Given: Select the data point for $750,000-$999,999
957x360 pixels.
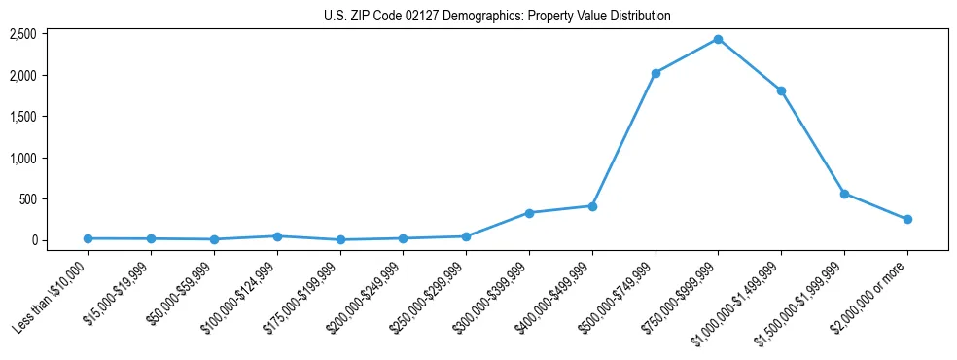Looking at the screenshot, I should tap(718, 39).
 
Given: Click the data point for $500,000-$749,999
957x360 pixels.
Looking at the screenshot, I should tap(656, 73).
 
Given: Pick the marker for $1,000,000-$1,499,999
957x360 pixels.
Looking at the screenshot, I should tap(781, 90).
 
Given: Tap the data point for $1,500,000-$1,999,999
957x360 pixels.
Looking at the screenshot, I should tap(844, 194).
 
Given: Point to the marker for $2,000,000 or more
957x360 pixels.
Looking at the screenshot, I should tap(907, 219).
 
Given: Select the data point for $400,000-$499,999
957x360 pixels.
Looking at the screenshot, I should tap(592, 206).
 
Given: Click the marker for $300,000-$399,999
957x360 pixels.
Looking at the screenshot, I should tap(529, 213).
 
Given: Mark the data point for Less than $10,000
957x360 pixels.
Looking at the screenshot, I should tap(89, 238).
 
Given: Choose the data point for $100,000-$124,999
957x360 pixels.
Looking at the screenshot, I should tap(277, 236).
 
